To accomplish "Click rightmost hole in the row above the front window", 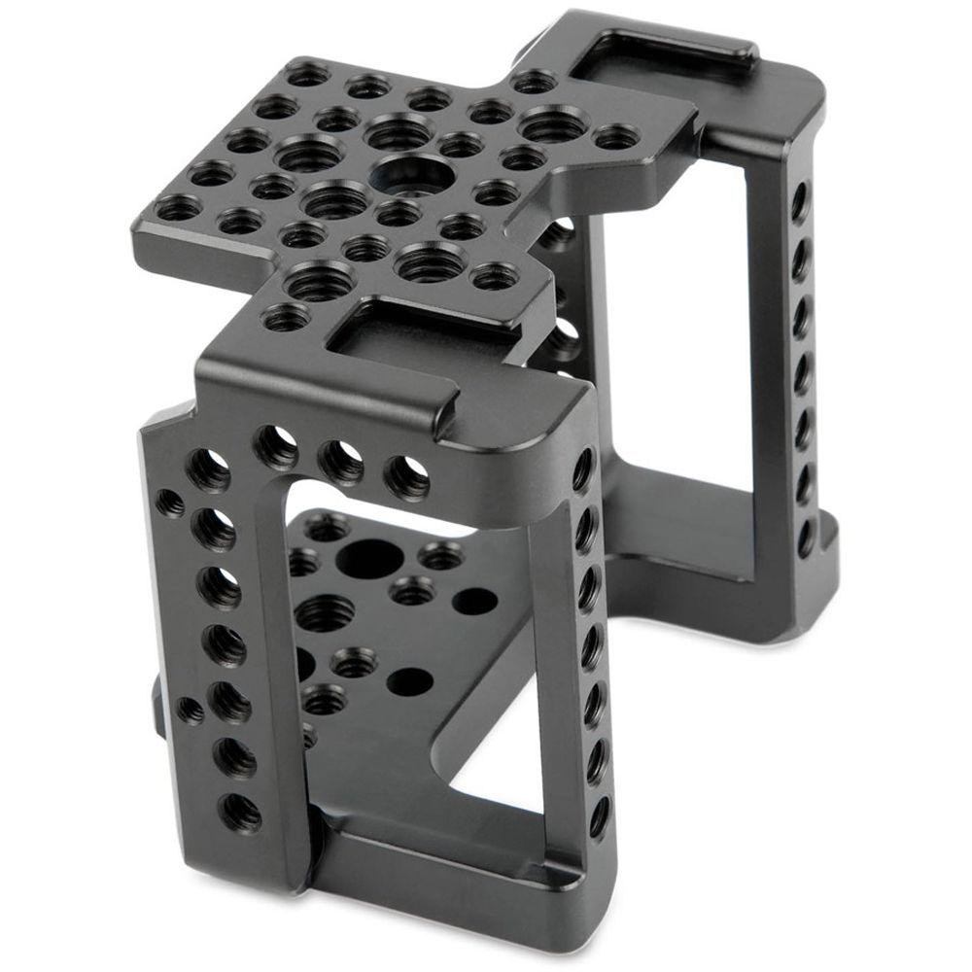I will click(x=406, y=476).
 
